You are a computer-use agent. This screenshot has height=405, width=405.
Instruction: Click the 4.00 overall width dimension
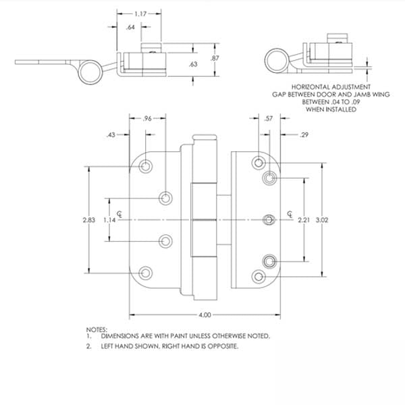[205, 315]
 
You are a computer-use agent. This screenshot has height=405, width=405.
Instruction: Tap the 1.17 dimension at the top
[140, 13]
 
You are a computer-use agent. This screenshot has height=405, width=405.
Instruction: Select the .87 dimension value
[215, 58]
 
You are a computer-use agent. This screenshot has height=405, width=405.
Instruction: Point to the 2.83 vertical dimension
[89, 220]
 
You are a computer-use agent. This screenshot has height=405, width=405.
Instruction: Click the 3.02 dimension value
[322, 220]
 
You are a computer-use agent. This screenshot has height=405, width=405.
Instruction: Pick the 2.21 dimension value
[304, 220]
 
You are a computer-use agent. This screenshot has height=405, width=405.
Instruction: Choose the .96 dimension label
[147, 119]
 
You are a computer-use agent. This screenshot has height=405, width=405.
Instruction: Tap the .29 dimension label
[304, 134]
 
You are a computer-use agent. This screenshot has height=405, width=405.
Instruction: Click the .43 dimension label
[111, 135]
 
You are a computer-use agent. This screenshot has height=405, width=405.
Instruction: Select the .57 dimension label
[269, 119]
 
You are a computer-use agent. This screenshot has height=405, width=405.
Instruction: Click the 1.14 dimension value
[109, 220]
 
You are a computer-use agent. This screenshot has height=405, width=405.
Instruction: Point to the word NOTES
[97, 330]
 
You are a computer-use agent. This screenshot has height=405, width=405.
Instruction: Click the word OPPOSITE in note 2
[223, 346]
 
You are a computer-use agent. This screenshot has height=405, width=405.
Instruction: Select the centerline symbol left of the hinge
[119, 214]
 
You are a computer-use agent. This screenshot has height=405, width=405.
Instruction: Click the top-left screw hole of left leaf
[146, 166]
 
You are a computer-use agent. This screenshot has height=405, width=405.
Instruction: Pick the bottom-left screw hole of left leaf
[146, 273]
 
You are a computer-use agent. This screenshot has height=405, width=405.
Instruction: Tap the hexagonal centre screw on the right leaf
[269, 220]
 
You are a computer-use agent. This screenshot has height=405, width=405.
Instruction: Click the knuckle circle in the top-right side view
[277, 61]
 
